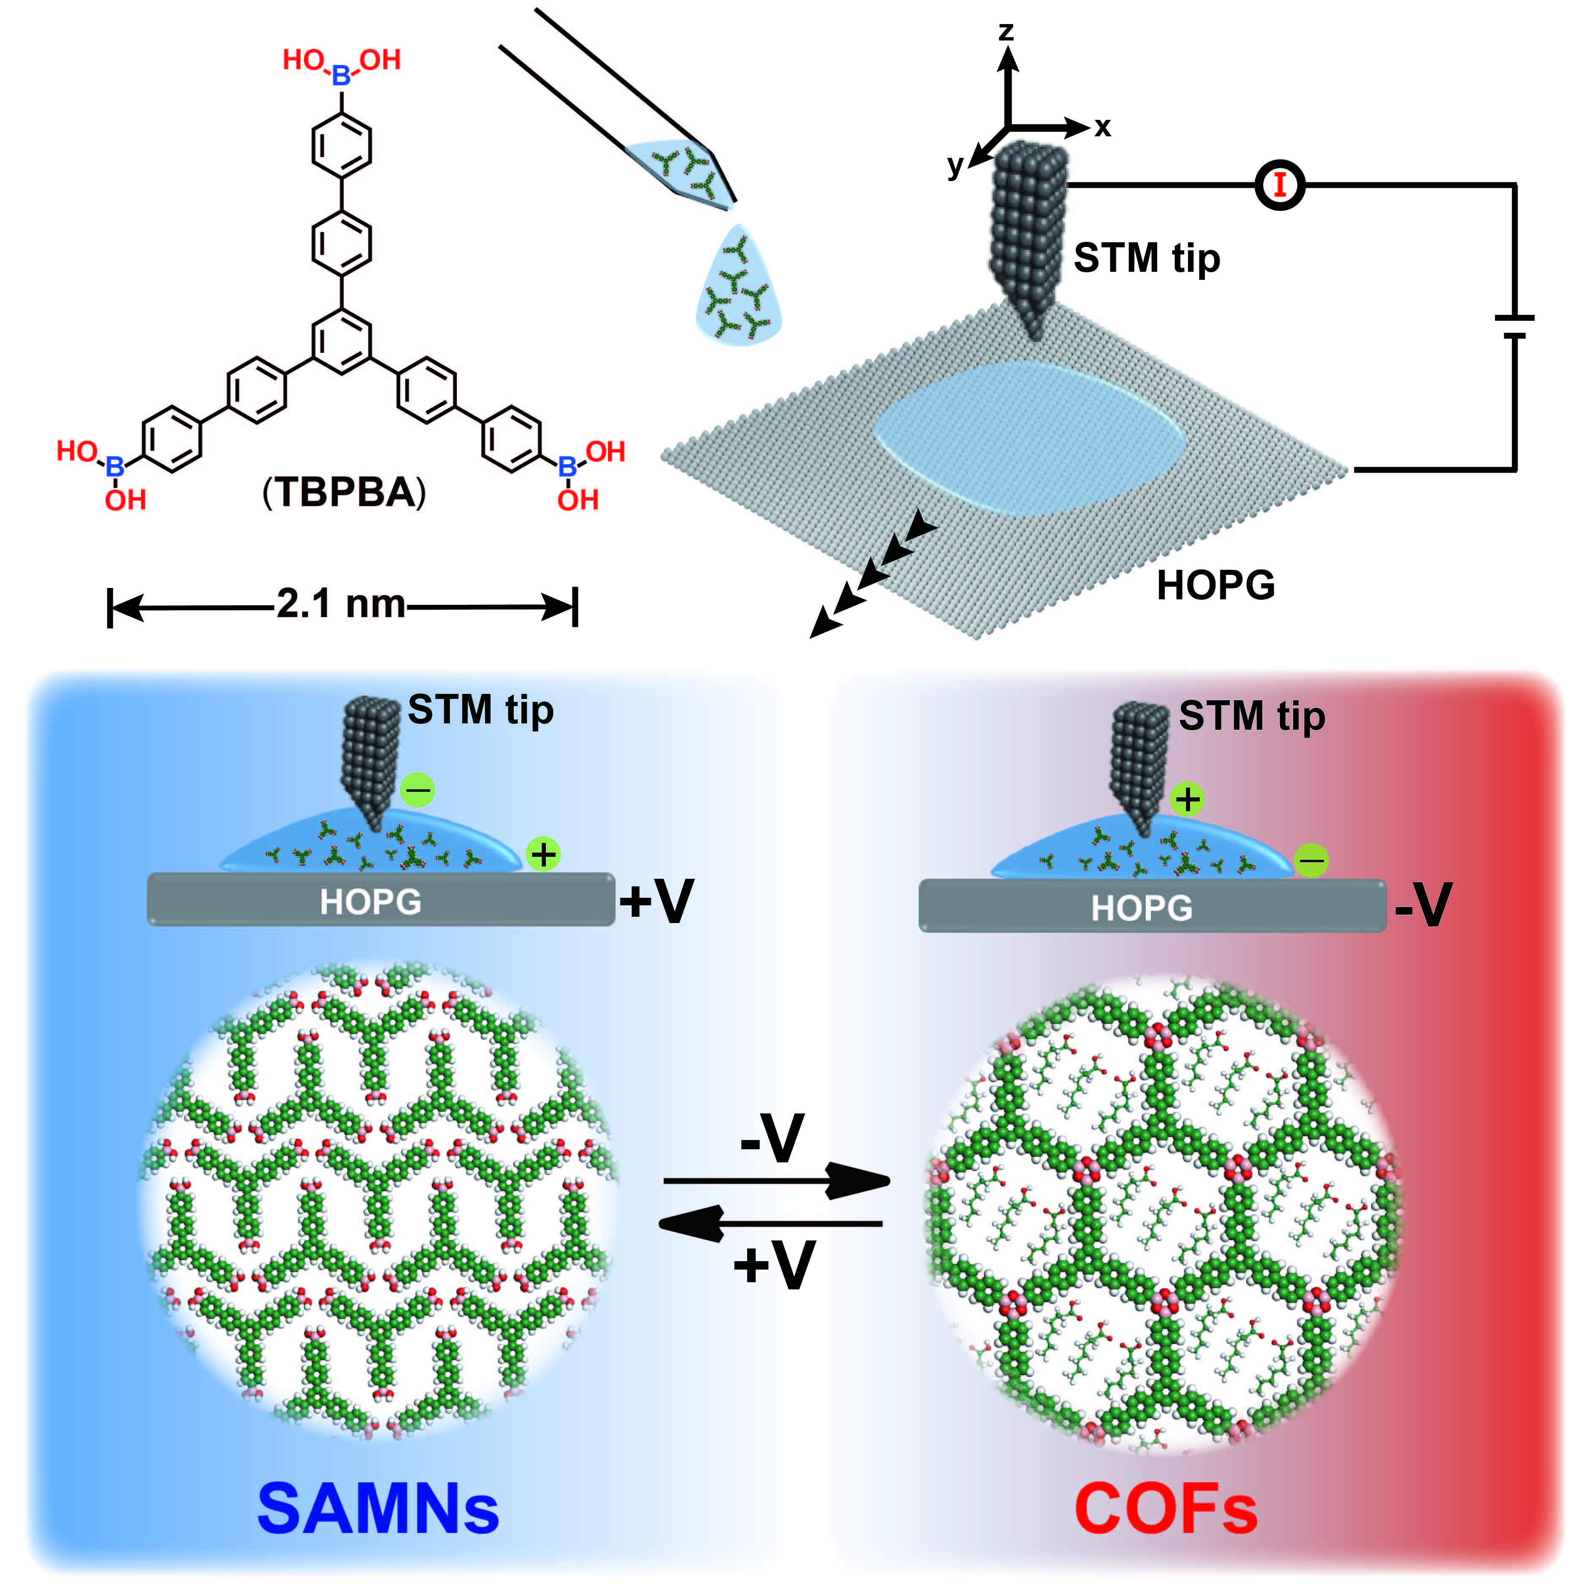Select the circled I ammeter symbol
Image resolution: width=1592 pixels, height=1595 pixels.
[1279, 185]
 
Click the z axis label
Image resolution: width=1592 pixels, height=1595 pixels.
[1006, 31]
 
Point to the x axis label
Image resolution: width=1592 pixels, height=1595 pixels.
[1102, 128]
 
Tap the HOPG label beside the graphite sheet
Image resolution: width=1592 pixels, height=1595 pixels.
[1215, 585]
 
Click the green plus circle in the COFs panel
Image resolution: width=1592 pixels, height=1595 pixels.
[1188, 799]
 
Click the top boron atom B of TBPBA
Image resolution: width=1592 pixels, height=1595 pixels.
[341, 76]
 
